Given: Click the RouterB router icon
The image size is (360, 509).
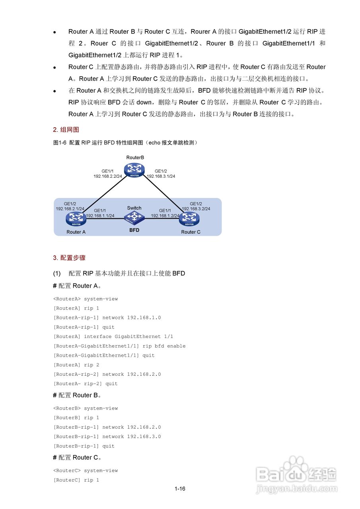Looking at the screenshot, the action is [x=135, y=169].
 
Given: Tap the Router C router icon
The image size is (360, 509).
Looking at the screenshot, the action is [x=189, y=218].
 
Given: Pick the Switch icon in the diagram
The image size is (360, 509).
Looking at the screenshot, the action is [x=134, y=217].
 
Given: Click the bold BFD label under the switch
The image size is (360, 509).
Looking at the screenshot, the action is [x=134, y=230].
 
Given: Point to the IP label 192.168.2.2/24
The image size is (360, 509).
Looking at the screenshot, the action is [x=107, y=176].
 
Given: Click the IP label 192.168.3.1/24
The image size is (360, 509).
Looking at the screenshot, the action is [x=161, y=176].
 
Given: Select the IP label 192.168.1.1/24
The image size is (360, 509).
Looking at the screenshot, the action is [x=100, y=216].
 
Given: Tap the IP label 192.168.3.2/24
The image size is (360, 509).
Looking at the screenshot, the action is [x=196, y=208].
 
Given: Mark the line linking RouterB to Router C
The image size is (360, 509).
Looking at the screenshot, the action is [x=163, y=193].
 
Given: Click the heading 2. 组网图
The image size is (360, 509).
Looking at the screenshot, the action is [x=66, y=130].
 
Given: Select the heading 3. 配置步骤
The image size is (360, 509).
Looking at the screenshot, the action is [x=69, y=258].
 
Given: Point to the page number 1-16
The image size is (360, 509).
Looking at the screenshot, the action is [x=180, y=489].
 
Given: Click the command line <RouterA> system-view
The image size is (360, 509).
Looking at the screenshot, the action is [x=86, y=299].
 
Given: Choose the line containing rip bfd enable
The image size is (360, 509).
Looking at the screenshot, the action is [x=119, y=346].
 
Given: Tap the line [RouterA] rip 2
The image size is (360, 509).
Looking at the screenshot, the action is [x=76, y=365].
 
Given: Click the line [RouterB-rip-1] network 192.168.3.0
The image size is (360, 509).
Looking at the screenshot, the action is [x=107, y=437].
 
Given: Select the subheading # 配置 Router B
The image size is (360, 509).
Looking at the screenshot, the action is [x=77, y=395].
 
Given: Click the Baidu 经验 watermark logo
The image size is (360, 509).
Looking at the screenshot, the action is [x=296, y=475].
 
